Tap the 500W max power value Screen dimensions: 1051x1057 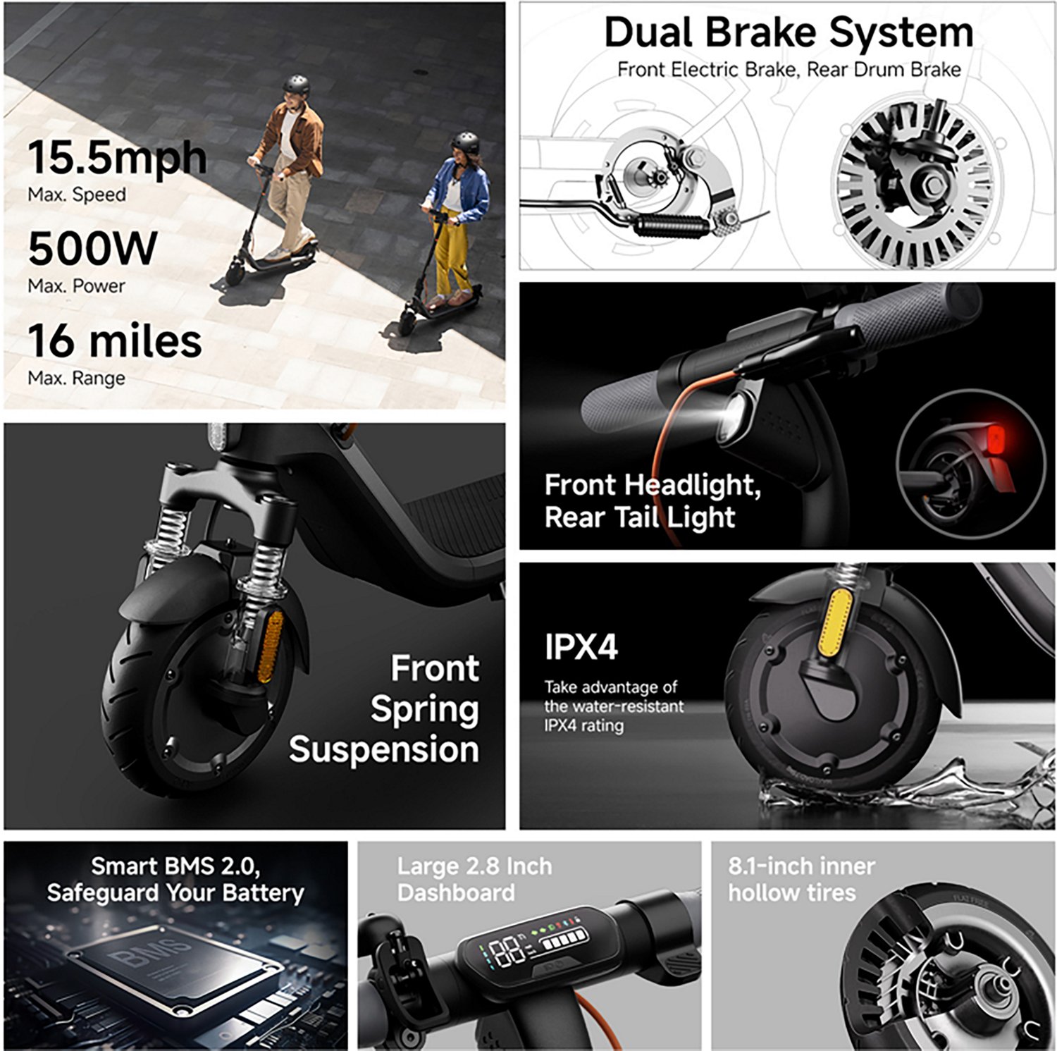coord(92,248)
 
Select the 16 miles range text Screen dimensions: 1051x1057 coord(115,340)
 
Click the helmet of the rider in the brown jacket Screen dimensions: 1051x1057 coord(296,86)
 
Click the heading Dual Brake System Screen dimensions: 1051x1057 coord(789,32)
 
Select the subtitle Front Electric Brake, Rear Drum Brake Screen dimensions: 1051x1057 coord(789,70)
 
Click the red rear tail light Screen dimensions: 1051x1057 coord(996,441)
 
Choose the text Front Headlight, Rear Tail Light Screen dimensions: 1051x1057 coord(652,501)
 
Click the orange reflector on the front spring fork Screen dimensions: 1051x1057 coord(270,647)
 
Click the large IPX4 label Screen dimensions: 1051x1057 coord(581,647)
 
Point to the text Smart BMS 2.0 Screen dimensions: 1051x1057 coord(175,866)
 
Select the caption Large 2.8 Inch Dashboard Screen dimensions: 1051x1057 coord(474,879)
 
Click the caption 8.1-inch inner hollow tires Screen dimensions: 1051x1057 coord(801,879)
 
